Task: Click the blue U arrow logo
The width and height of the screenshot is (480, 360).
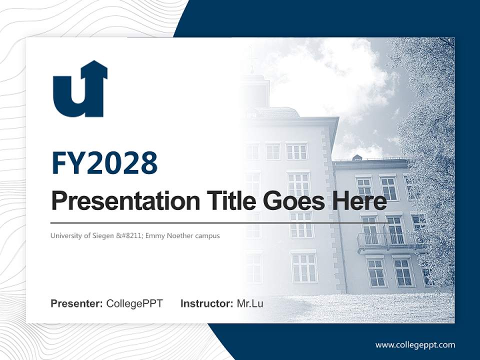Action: (80, 90)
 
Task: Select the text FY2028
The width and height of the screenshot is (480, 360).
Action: (104, 163)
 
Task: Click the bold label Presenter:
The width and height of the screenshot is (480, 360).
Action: (77, 303)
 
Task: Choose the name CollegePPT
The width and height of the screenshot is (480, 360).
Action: (134, 303)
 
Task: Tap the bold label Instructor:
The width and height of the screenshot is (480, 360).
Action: (206, 303)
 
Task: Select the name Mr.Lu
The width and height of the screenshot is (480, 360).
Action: (250, 303)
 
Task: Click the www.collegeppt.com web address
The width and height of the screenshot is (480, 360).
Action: (415, 344)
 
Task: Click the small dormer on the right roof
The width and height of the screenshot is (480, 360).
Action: (357, 158)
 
